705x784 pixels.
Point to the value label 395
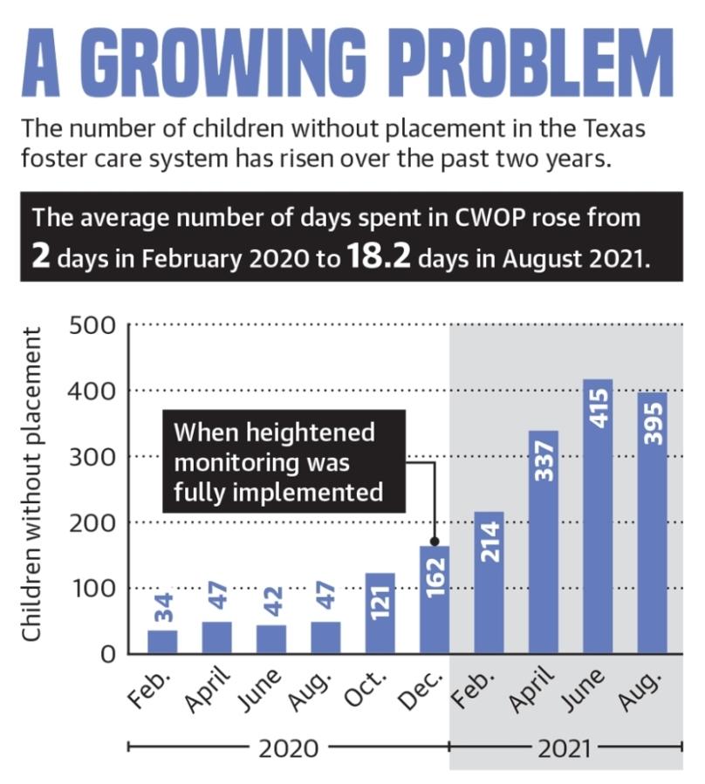654,425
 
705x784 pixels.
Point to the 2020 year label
288,747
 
